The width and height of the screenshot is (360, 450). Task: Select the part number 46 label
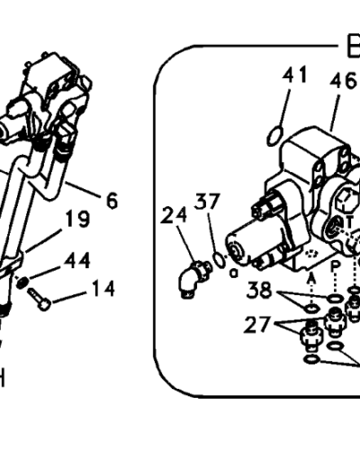(341, 82)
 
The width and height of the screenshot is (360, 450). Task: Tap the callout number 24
(174, 215)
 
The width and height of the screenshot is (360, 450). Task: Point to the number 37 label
(208, 202)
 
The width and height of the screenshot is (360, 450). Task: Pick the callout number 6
(111, 202)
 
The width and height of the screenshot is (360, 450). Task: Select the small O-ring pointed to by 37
(219, 262)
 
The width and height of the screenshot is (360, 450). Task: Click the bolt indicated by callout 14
(40, 298)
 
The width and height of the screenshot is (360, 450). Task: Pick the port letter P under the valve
(335, 268)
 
